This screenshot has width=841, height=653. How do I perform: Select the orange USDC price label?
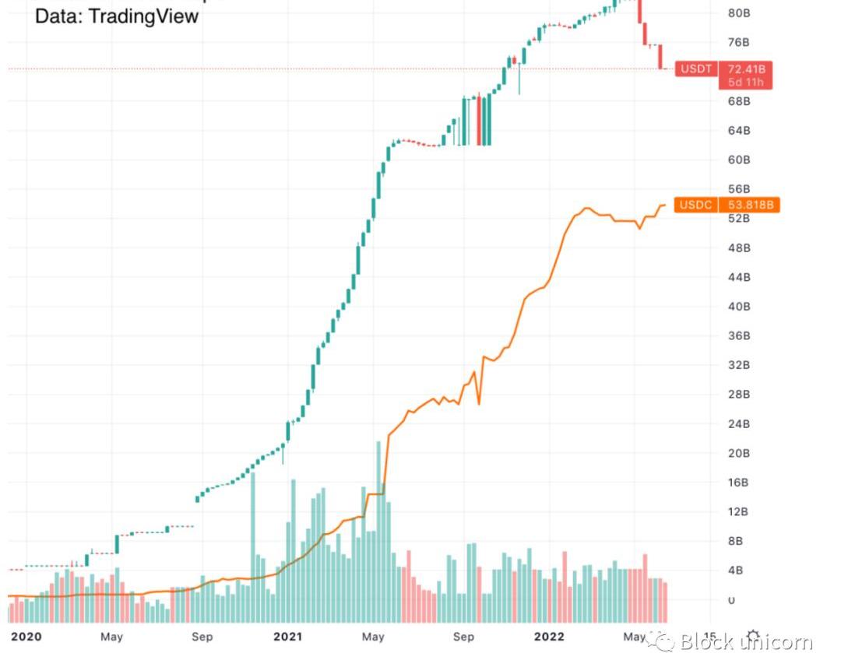[727, 205]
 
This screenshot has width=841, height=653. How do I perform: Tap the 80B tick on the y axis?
[739, 12]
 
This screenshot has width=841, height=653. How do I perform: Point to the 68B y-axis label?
[739, 101]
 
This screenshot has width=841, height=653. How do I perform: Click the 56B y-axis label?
[739, 189]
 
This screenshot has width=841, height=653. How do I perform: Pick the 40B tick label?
[739, 307]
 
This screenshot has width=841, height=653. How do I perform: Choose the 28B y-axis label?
[739, 395]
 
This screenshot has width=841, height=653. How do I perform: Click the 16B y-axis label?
[739, 483]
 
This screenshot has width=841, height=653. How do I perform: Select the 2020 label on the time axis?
[26, 637]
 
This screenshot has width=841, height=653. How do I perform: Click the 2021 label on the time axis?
[287, 637]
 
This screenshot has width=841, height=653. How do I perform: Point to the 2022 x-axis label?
[548, 637]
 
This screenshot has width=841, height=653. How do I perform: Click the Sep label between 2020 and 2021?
[202, 637]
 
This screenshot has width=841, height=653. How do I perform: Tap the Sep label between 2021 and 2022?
[463, 637]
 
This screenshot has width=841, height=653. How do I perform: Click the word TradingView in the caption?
[144, 16]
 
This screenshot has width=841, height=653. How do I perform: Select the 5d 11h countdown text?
[745, 82]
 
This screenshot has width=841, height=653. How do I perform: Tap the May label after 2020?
[112, 637]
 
